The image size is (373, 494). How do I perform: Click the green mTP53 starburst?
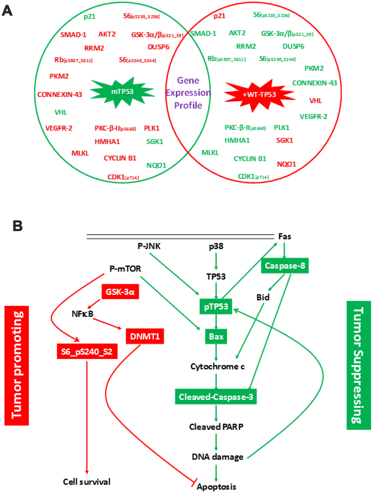[122, 92]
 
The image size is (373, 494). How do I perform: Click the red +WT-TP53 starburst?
[259, 94]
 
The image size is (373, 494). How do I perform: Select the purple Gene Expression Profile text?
[188, 93]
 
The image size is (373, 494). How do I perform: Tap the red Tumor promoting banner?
[16, 365]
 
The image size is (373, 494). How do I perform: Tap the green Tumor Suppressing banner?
[358, 365]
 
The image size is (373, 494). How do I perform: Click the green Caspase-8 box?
[285, 266]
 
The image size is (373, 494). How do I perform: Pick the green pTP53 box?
[216, 307]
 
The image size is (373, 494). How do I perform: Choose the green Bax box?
[216, 337]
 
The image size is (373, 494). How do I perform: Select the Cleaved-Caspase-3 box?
[216, 397]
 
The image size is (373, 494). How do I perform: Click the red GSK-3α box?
[120, 292]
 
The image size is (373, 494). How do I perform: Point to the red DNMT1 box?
[145, 336]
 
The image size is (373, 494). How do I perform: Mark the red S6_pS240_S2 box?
[87, 352]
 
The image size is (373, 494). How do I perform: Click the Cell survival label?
[87, 482]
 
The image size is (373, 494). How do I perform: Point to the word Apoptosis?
[216, 487]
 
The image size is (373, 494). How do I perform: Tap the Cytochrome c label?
[218, 367]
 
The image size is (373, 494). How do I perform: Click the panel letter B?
[18, 226]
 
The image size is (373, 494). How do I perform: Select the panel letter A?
[7, 11]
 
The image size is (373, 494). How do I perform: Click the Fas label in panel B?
[285, 237]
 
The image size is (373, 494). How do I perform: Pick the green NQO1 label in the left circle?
[156, 166]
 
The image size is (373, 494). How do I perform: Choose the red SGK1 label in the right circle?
[285, 140]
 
